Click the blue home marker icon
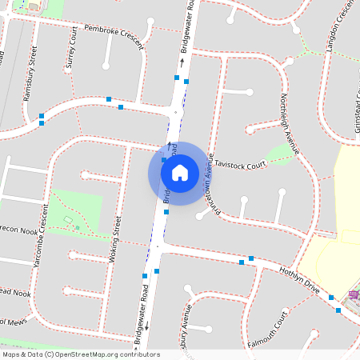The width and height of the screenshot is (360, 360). (x=180, y=172)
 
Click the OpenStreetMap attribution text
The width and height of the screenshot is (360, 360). (x=81, y=354)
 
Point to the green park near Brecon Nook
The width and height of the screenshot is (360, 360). (x=76, y=213)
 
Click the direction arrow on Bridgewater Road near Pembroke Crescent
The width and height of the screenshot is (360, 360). (x=182, y=61)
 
